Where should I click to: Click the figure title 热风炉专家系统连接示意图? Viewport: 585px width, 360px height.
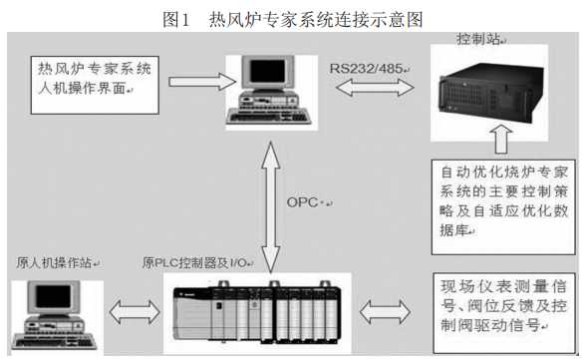coord(316,19)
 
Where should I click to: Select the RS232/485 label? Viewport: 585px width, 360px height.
coord(366,69)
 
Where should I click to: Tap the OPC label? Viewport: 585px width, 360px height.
coord(303,202)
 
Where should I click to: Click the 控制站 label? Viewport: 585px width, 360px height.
coord(478,39)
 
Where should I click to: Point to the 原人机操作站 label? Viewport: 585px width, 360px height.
coord(54,263)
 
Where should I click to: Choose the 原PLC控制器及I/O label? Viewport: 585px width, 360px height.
coord(194,263)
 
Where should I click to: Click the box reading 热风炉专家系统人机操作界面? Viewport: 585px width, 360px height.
coord(95,85)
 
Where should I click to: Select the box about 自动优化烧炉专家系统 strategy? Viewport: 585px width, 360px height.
coord(503,207)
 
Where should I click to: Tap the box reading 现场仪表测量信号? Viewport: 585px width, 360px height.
coord(503,313)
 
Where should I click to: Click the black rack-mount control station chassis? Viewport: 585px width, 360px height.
coord(491,93)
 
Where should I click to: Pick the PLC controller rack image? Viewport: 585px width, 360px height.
coord(257,313)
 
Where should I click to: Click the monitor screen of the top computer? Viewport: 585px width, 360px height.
coord(267,72)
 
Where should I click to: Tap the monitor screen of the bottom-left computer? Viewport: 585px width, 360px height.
coord(54,297)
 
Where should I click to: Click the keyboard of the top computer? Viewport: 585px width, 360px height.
coord(269,116)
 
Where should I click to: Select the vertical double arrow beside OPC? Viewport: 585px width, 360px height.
coord(270,207)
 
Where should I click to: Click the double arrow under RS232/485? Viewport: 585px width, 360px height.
coord(375,88)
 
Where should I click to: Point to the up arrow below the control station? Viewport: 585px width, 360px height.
coord(501,139)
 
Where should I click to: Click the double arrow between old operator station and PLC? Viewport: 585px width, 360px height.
coord(135,312)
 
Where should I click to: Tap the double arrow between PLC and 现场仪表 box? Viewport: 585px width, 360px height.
coord(385,312)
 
